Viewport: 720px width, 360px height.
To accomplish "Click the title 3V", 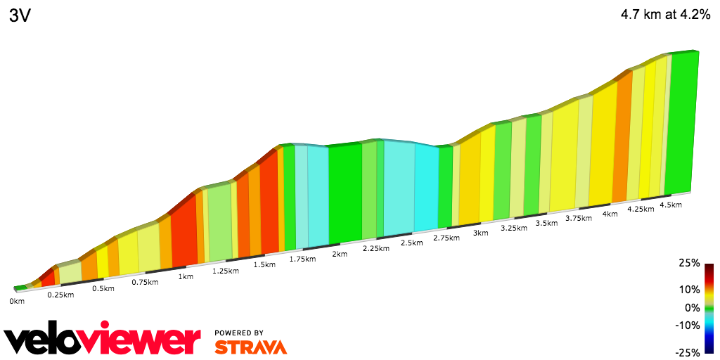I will coord(20,16).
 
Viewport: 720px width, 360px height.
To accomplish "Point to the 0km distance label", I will coord(17,302).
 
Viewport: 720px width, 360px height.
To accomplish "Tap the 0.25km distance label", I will coord(60,295).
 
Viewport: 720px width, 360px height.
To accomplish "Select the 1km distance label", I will coord(186,276).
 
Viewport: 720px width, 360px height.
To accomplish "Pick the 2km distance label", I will coord(340,254).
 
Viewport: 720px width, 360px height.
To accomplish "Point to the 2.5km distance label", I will coord(411,243).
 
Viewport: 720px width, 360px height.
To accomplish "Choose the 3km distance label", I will coord(481,233).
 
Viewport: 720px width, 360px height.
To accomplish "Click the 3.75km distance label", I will coord(579,218).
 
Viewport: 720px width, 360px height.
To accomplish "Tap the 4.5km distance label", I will coord(671,205).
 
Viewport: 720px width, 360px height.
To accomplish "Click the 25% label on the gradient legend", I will coord(690,263).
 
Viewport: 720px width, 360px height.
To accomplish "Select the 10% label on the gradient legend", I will coord(690,290).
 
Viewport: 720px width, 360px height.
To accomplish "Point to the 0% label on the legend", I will coord(693,307).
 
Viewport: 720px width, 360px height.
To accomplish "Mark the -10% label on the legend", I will coord(688,325).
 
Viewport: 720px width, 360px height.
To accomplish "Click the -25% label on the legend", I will coord(688,352).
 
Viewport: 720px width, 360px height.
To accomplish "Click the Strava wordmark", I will coord(250,347).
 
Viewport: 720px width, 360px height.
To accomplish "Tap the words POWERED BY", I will coord(239,333).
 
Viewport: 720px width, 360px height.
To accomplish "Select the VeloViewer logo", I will coord(103,340).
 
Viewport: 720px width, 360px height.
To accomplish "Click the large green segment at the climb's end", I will coord(681,123).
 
